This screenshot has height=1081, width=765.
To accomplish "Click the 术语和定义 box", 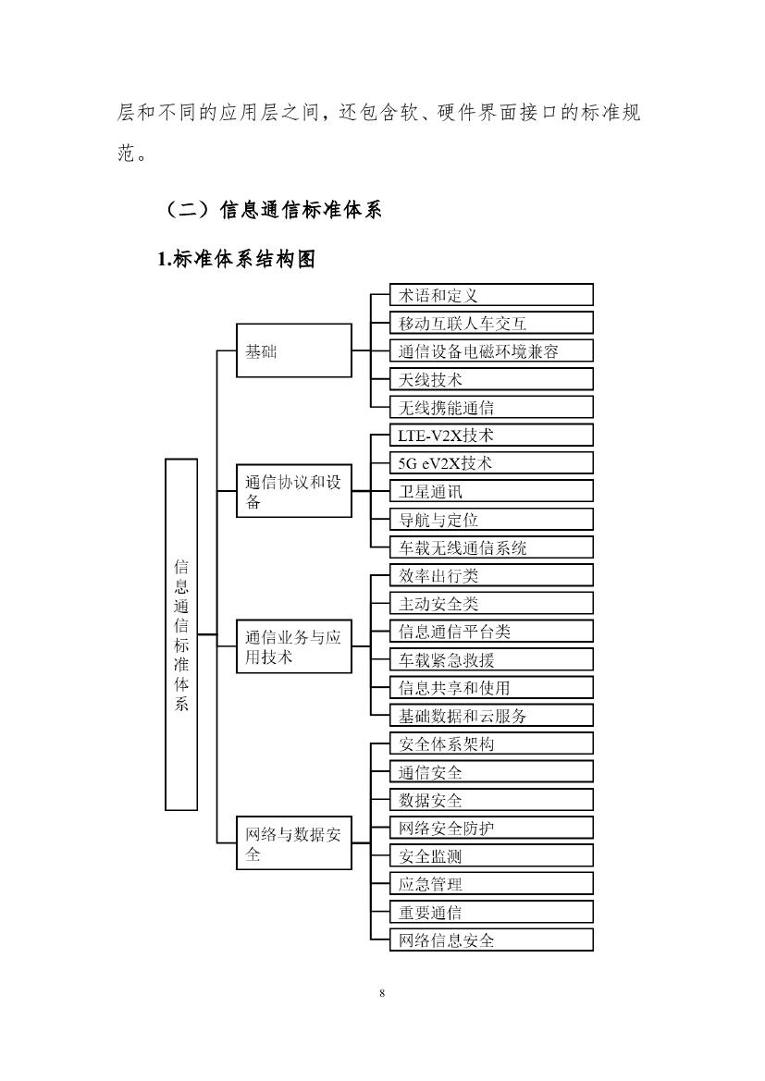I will coord(490,295).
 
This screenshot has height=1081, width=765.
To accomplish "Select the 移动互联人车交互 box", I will coord(490,323).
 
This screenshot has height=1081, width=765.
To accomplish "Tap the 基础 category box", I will coord(294,350).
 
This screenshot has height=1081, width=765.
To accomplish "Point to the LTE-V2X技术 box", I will coord(490,436).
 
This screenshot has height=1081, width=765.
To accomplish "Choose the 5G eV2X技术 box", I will coord(490,463).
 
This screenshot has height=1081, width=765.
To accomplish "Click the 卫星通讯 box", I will coord(490,491).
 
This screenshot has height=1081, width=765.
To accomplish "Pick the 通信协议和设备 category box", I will coord(294,491).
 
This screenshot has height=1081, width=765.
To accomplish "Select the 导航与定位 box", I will coord(490,520).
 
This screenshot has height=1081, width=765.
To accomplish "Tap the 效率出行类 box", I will coord(490,575).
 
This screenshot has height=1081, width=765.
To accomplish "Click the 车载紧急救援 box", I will coord(490,659).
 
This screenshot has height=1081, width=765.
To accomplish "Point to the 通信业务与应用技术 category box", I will coord(294,645).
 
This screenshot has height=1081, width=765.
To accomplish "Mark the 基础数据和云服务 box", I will coord(490,716).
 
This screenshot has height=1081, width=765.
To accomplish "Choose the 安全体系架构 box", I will coord(490,743).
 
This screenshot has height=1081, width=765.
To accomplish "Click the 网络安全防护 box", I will coord(490,828).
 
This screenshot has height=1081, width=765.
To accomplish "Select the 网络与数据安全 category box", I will coord(294,843).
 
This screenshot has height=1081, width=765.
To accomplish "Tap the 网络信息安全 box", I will coord(490,940).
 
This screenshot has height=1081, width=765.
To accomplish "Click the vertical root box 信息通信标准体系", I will coord(181,634).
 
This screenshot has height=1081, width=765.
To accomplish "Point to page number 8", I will coord(382,994).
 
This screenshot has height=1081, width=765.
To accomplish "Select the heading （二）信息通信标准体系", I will coord(274,209).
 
